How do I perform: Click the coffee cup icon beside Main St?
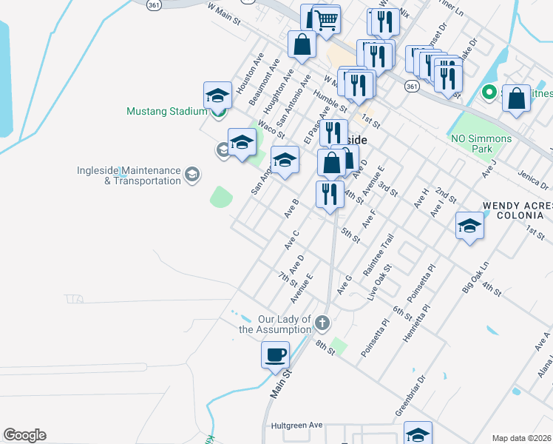pyautogui.click(x=275, y=354)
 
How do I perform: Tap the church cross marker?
pyautogui.click(x=322, y=323)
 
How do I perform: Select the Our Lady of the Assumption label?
pyautogui.click(x=274, y=324)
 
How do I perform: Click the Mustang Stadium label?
pyautogui.click(x=166, y=112)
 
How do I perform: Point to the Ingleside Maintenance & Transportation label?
pyautogui.click(x=129, y=175)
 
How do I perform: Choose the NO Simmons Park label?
pyautogui.click(x=481, y=144)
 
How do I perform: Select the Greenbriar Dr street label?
pyautogui.click(x=411, y=395)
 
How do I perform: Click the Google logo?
pyautogui.click(x=24, y=435)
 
